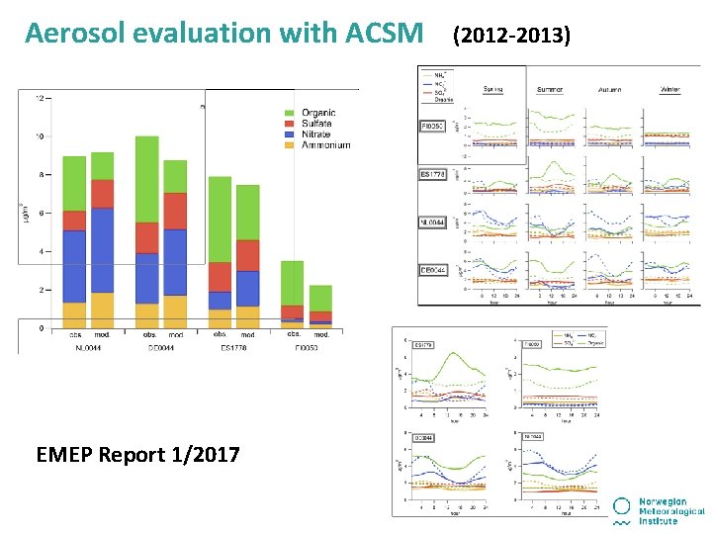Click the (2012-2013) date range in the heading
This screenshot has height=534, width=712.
510,36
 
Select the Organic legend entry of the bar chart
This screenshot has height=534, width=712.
317,113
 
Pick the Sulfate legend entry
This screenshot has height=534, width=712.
317,124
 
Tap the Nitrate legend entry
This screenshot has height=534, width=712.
316,134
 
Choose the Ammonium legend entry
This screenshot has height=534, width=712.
324,145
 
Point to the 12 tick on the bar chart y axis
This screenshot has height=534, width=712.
39,98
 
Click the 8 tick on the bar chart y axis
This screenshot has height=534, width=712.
41,175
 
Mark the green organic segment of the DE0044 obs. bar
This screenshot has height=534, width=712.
146,179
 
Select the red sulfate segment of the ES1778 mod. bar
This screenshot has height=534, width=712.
247,255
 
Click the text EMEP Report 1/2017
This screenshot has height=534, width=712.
137,455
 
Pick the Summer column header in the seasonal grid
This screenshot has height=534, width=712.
550,89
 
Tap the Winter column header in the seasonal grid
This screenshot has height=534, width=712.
670,89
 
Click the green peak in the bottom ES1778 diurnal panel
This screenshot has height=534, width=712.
453,357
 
